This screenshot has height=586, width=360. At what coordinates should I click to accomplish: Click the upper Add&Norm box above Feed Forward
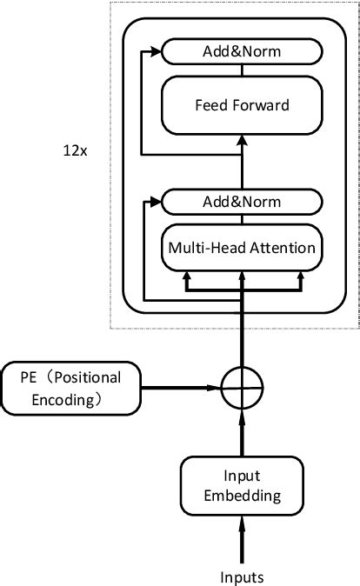coord(242,53)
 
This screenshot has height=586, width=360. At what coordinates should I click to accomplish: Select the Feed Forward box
coord(242,105)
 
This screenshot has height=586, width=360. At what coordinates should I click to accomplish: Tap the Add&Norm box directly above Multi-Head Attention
coord(242,203)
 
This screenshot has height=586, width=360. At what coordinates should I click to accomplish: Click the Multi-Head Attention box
coord(242,247)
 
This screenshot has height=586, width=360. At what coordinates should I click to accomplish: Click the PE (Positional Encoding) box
coord(71,388)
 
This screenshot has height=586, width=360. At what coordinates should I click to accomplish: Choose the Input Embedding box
coord(242,486)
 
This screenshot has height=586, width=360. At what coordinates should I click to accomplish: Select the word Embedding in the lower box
coord(242,496)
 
